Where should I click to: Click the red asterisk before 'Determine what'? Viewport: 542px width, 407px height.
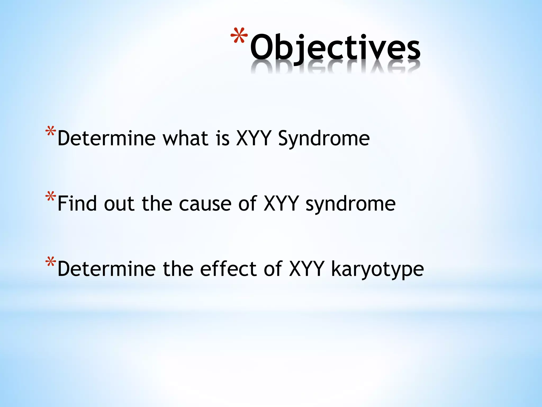pos(51,132)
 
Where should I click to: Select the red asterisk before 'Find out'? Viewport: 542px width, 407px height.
pos(51,197)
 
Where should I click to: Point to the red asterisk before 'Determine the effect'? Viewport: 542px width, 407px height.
pos(51,263)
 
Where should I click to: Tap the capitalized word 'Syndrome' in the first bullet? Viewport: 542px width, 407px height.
pos(324,139)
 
